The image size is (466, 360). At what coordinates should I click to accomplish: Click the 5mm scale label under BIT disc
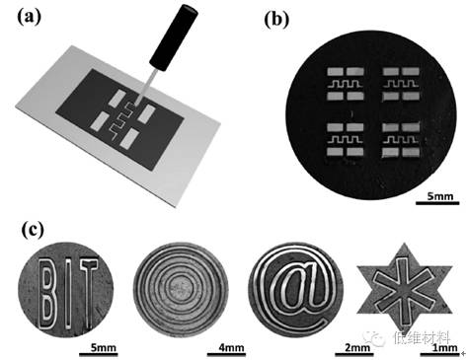(x=107, y=348)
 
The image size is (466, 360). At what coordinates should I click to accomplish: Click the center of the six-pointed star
(x=408, y=290)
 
